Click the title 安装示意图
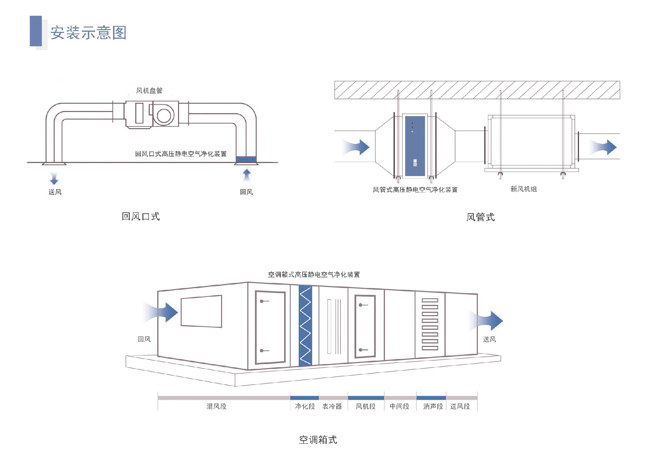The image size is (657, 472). click(88, 33)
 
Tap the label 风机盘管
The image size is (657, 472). click(149, 91)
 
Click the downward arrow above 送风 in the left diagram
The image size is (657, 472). click(54, 178)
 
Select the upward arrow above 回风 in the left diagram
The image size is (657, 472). click(247, 175)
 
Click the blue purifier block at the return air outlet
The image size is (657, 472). click(246, 159)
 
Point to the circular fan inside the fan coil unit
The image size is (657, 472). click(164, 115)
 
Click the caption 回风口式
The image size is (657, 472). click(141, 216)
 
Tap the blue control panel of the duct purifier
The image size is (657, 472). click(415, 146)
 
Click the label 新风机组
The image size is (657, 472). click(524, 189)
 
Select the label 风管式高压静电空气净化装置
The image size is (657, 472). click(415, 190)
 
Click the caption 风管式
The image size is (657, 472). click(480, 217)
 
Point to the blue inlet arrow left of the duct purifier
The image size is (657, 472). click(357, 147)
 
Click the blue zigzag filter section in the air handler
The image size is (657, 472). click(305, 326)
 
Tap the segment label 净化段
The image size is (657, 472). click(305, 407)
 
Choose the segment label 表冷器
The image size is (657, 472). click(332, 407)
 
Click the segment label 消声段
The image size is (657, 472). click(433, 407)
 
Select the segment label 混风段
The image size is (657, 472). click(216, 407)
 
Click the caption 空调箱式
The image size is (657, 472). click(318, 440)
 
